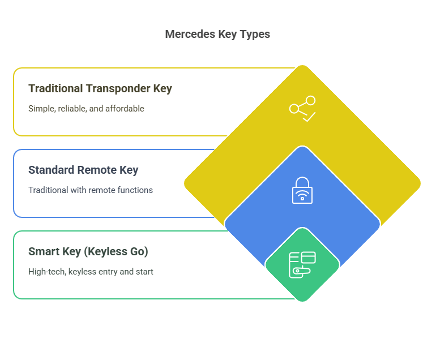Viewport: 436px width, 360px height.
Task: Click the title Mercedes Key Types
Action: pos(217,34)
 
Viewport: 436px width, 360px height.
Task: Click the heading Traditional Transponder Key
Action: pos(100,88)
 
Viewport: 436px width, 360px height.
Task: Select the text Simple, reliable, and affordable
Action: pos(86,108)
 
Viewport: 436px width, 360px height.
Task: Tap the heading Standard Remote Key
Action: pos(83,170)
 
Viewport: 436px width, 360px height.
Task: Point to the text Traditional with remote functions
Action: pos(91,190)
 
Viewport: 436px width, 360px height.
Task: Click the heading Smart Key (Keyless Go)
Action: pos(88,251)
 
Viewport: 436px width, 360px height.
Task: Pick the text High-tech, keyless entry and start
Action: pos(91,272)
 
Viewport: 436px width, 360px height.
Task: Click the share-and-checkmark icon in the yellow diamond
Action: pos(302,109)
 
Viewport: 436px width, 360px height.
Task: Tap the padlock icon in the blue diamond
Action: pos(302,190)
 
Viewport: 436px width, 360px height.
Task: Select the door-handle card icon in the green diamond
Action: pos(302,264)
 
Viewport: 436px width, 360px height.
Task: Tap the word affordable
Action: pos(126,108)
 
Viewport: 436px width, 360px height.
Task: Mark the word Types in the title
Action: pos(256,34)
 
